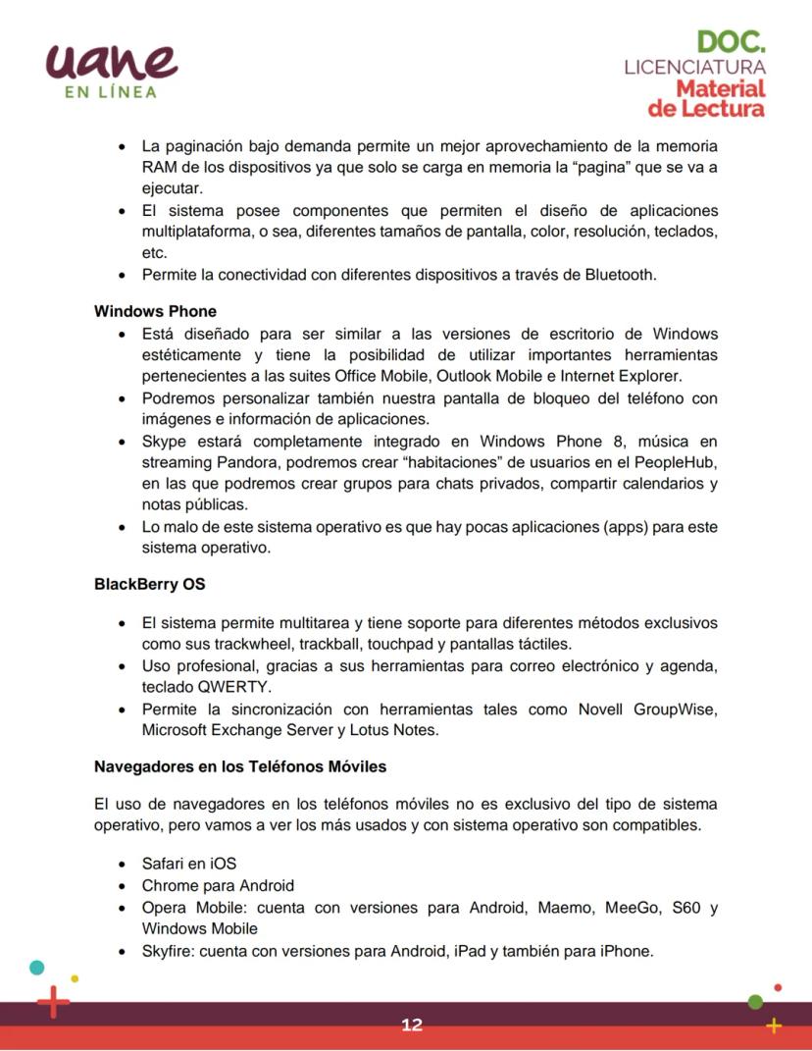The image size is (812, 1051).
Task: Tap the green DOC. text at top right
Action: point(731,41)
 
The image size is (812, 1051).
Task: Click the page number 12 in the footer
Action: point(412,1025)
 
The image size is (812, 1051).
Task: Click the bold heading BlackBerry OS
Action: point(149,583)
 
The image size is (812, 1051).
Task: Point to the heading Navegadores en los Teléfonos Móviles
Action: point(240,765)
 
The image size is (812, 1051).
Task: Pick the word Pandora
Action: point(245,462)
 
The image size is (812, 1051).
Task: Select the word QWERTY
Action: point(234,687)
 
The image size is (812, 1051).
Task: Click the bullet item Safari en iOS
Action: point(189,864)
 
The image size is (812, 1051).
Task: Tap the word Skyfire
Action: point(168,950)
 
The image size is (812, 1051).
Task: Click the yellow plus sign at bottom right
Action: point(774,1025)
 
